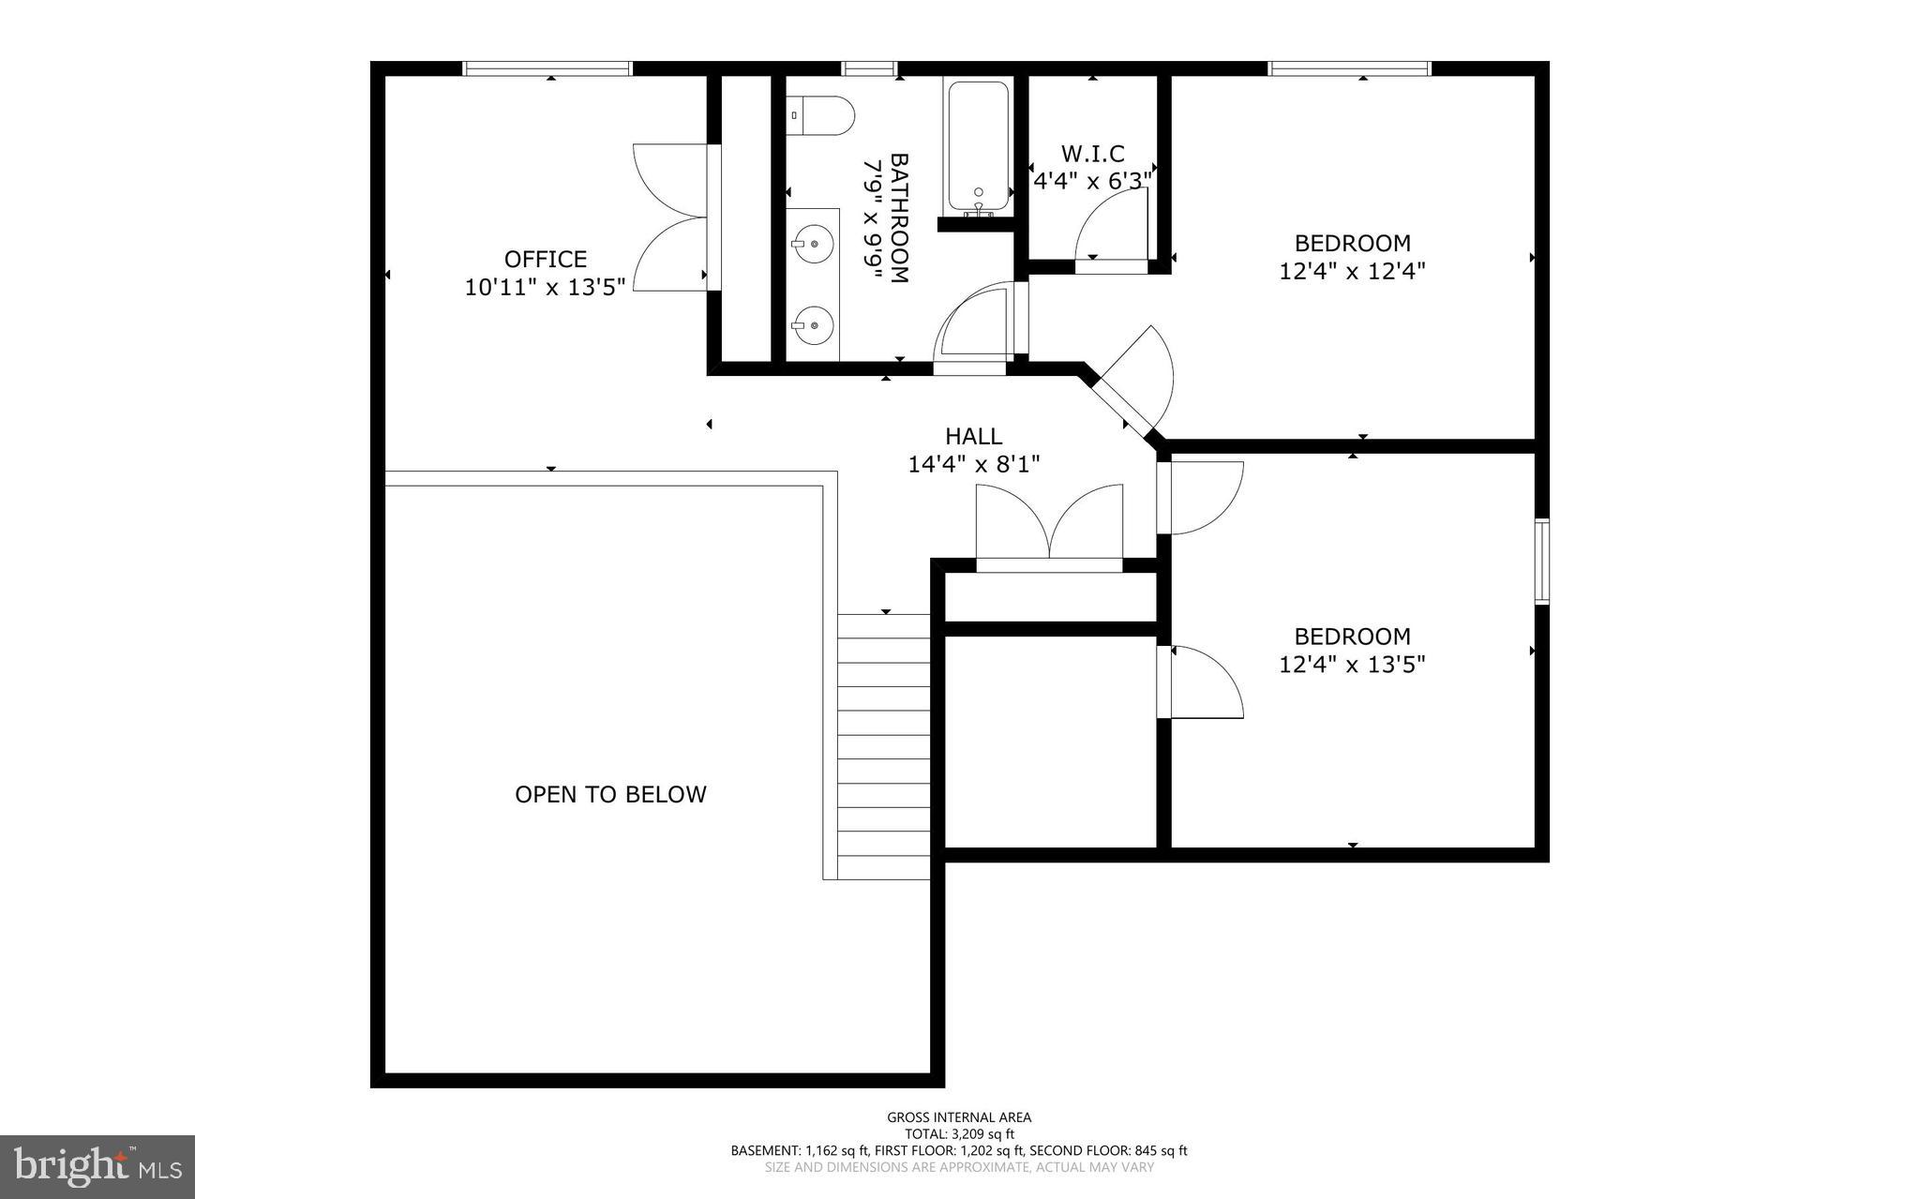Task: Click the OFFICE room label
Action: tap(545, 259)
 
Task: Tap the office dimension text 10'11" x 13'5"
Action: tap(545, 287)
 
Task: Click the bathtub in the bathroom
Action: tap(978, 147)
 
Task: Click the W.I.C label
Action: tap(1092, 153)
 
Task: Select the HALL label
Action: tap(973, 436)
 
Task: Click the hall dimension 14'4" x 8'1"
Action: tap(973, 464)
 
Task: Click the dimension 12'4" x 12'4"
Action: tap(1352, 272)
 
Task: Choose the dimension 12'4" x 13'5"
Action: tap(1352, 665)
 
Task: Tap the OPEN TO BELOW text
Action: tap(610, 794)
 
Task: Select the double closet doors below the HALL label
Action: tap(1049, 525)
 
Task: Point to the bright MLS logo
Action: tap(97, 1166)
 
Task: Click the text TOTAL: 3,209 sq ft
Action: tap(959, 1133)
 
